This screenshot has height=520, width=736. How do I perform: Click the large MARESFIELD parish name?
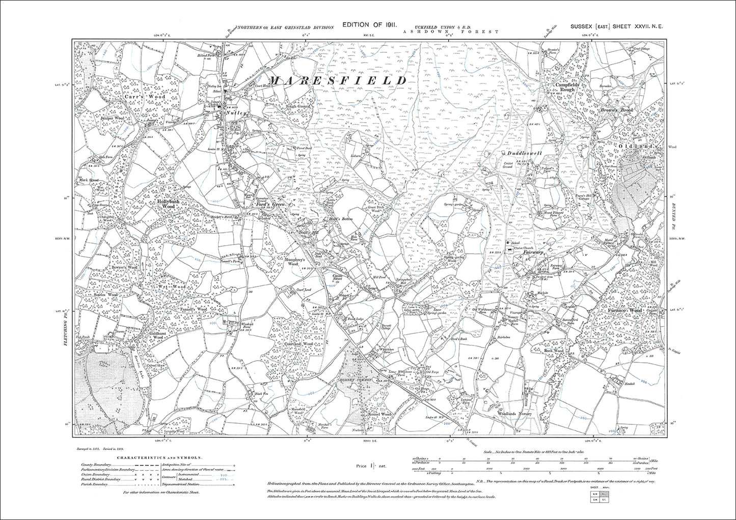(x=337, y=81)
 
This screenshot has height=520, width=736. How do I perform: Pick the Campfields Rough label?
(x=564, y=86)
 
